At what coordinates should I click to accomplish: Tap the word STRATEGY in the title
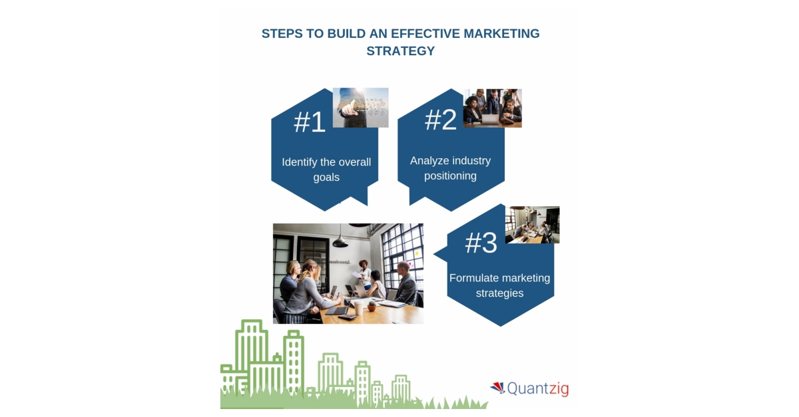[400, 51]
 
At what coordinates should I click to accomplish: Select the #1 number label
[310, 122]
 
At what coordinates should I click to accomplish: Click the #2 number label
[441, 120]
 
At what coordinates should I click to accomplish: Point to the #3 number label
[481, 243]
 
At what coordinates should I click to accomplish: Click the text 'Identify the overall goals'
[326, 170]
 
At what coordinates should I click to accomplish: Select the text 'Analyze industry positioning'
[451, 168]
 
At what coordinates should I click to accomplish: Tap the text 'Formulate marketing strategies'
[499, 285]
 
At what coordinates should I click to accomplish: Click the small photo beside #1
[360, 107]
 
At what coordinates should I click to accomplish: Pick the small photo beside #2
[493, 108]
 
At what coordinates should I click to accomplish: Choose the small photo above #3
[532, 225]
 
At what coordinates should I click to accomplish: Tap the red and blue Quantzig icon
[497, 386]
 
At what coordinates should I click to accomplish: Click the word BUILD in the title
[346, 34]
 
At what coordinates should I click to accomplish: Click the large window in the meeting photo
[402, 249]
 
